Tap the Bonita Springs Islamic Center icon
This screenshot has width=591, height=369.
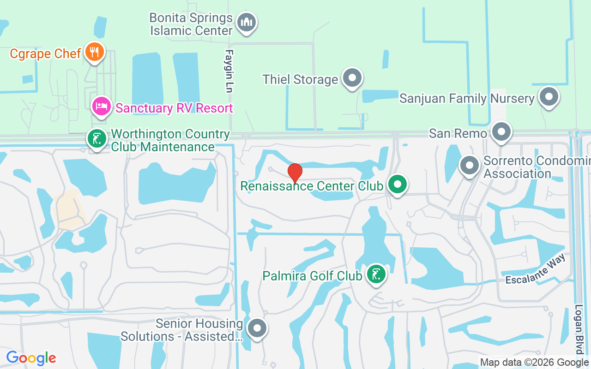tap(247, 22)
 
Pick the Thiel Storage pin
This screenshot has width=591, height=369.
tap(353, 78)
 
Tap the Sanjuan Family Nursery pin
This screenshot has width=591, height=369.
tap(549, 97)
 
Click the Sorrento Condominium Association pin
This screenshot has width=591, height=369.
tap(470, 165)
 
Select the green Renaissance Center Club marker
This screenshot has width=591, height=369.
tap(397, 184)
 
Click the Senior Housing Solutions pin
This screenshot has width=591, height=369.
tap(257, 328)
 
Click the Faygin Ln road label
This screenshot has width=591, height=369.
tap(229, 71)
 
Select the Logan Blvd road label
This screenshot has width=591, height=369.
tap(579, 328)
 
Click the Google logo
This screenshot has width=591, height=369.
tap(31, 358)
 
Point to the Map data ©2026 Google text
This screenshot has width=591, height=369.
tap(534, 363)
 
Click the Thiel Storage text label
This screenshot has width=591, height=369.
tap(300, 79)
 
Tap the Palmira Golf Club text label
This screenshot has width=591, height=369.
tap(312, 276)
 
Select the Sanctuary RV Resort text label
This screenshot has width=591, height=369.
tap(174, 108)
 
